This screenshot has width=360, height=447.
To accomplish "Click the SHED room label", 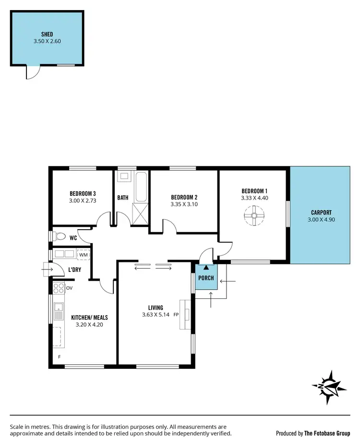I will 47,34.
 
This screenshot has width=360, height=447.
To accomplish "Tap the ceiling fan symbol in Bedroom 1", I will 254,216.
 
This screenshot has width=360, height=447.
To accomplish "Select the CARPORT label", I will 321,212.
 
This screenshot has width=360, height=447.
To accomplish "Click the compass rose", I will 329,387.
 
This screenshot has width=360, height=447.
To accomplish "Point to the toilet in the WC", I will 59,236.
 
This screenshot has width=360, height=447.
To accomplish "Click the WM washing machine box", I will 84,254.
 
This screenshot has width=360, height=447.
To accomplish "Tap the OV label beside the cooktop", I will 69,288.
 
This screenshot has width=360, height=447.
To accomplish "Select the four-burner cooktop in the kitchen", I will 59,288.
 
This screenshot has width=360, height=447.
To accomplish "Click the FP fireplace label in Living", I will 176,315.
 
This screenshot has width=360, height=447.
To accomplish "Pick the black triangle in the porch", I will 206,268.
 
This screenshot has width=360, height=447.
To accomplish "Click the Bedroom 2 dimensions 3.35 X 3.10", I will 184,204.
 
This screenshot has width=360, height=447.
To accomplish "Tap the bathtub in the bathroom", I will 141,188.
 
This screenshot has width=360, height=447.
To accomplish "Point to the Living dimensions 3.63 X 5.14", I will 156,315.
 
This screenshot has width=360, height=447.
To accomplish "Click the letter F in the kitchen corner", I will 60,357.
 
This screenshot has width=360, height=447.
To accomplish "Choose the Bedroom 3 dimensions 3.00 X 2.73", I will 83,201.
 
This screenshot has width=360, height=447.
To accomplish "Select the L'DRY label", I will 74,270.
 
